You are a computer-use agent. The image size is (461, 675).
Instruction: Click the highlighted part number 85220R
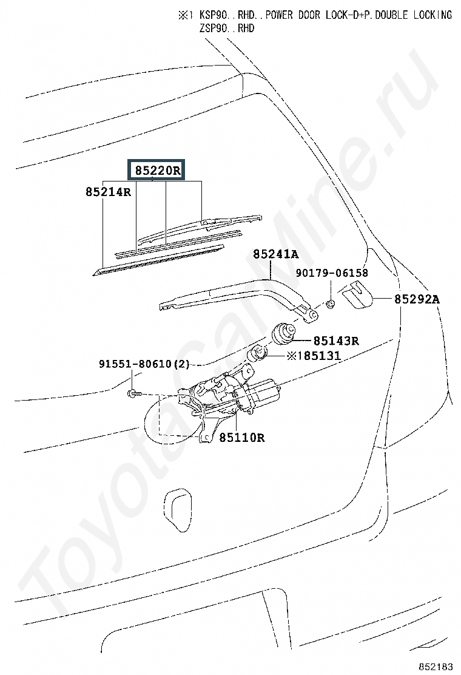click(157, 171)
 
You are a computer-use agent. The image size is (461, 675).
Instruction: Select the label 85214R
click(108, 192)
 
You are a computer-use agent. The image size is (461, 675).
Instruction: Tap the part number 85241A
click(275, 256)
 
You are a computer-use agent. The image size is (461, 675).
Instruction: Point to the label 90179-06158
click(331, 274)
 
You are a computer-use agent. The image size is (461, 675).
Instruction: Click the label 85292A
click(417, 299)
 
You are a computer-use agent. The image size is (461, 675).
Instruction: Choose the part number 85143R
click(335, 341)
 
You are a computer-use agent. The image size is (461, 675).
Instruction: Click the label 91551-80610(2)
click(144, 365)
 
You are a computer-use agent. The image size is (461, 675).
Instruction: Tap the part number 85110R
click(241, 437)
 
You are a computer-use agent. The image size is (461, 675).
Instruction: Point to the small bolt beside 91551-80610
click(133, 395)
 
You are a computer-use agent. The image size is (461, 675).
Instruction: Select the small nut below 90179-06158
click(331, 303)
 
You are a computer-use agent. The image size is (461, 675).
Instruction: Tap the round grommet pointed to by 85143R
click(283, 333)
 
